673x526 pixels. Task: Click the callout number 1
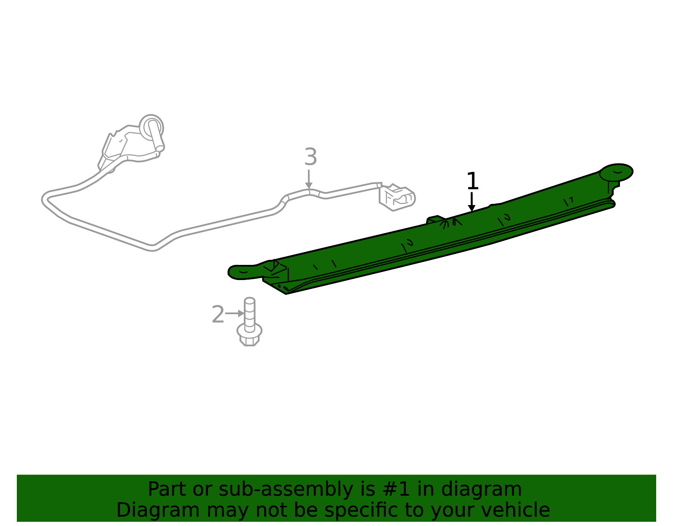pos(472,181)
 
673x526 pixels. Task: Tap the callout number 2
pos(218,314)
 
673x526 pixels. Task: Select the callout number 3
pos(311,157)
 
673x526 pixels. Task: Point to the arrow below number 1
pos(472,202)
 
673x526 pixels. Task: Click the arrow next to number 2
pos(235,313)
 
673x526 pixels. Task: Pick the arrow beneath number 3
pos(308,179)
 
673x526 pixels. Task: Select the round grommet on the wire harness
pos(151,127)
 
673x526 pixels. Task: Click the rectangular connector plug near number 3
pos(397,198)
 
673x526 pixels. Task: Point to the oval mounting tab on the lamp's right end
pos(616,172)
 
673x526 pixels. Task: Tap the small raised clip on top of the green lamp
pos(436,219)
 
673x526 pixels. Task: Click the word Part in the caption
pos(167,490)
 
